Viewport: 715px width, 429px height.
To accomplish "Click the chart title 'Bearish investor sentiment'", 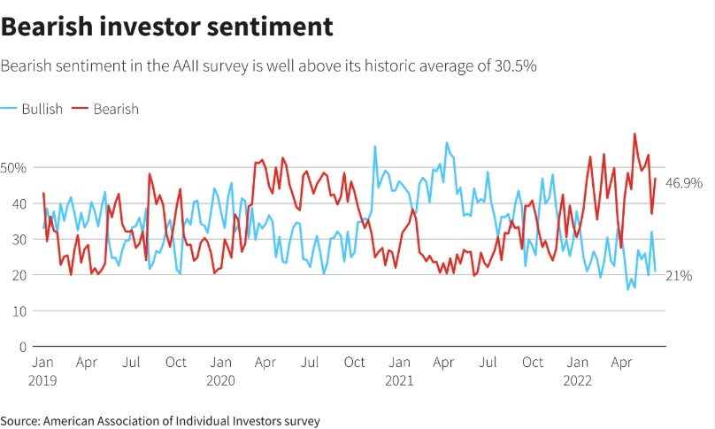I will coord(167,27).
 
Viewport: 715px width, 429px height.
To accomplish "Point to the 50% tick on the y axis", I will coord(15,167).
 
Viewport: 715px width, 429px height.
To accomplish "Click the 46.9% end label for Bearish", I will coord(684,183).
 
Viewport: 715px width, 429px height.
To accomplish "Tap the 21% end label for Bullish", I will coord(678,276).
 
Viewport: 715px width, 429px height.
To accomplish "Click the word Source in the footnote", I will coord(21,421).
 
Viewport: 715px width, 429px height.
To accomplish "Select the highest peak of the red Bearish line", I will coord(635,134).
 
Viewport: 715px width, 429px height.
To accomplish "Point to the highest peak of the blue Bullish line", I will coord(447,142).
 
